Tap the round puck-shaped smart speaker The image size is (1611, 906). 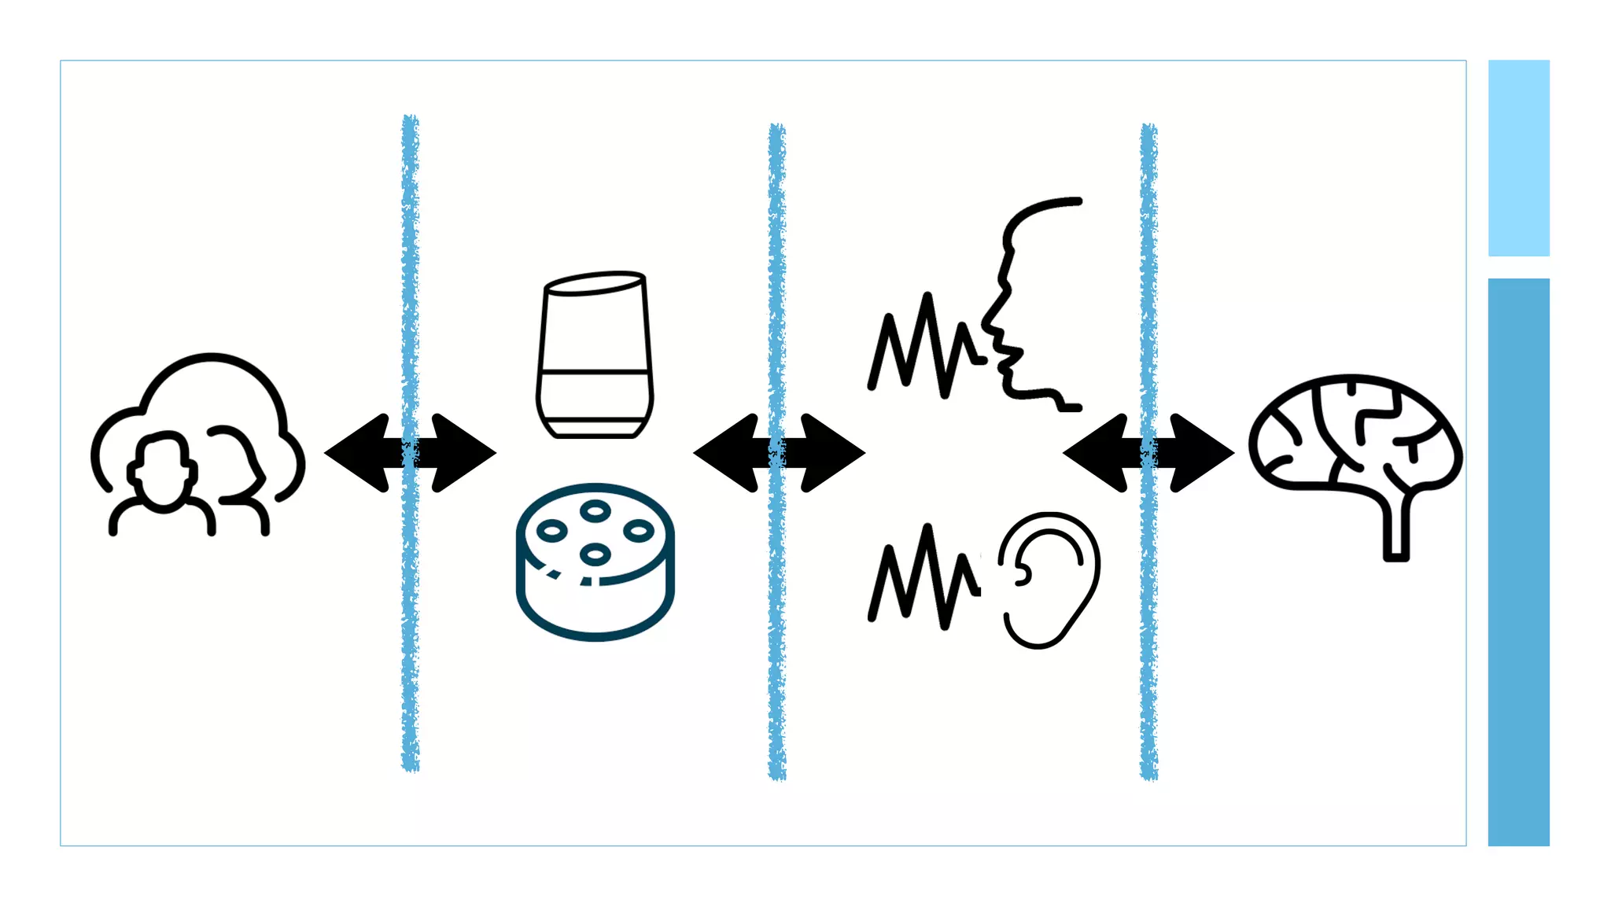[x=595, y=562]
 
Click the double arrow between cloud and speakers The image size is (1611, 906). [x=410, y=453]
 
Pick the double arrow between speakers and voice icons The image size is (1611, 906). [x=779, y=453]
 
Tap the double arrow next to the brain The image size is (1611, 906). [x=1148, y=453]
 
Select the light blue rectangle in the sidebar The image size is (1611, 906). [x=1518, y=157]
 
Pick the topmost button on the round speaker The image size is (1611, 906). [x=595, y=511]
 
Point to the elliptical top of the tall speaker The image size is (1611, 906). [x=595, y=282]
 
